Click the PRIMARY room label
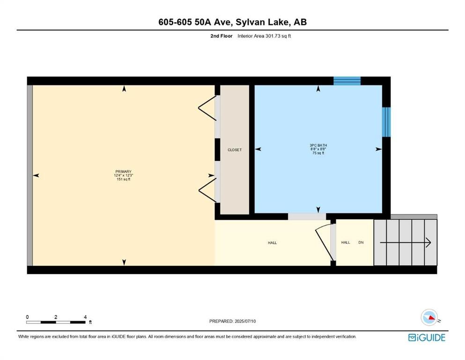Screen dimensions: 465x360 [123, 172]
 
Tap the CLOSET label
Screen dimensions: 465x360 [235, 150]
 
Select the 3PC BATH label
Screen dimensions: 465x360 [318, 145]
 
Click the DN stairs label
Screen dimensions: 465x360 [361, 242]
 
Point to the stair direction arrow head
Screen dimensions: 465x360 [428, 242]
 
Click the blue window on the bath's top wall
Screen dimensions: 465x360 [347, 81]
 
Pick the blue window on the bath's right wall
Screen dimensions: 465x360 [386, 122]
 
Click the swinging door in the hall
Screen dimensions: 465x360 [324, 242]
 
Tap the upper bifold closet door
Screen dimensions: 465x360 [207, 108]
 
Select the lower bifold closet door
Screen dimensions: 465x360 [207, 190]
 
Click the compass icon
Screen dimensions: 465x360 [429, 317]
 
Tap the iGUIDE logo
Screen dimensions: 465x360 [427, 338]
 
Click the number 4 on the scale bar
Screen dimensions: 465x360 [85, 317]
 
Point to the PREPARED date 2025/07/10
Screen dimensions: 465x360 [245, 321]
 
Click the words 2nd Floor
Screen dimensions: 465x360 [221, 36]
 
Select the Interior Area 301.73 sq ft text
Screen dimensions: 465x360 [264, 36]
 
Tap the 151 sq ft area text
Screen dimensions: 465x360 [123, 179]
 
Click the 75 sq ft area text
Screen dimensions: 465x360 [318, 153]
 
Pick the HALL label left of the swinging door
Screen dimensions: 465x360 [272, 243]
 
